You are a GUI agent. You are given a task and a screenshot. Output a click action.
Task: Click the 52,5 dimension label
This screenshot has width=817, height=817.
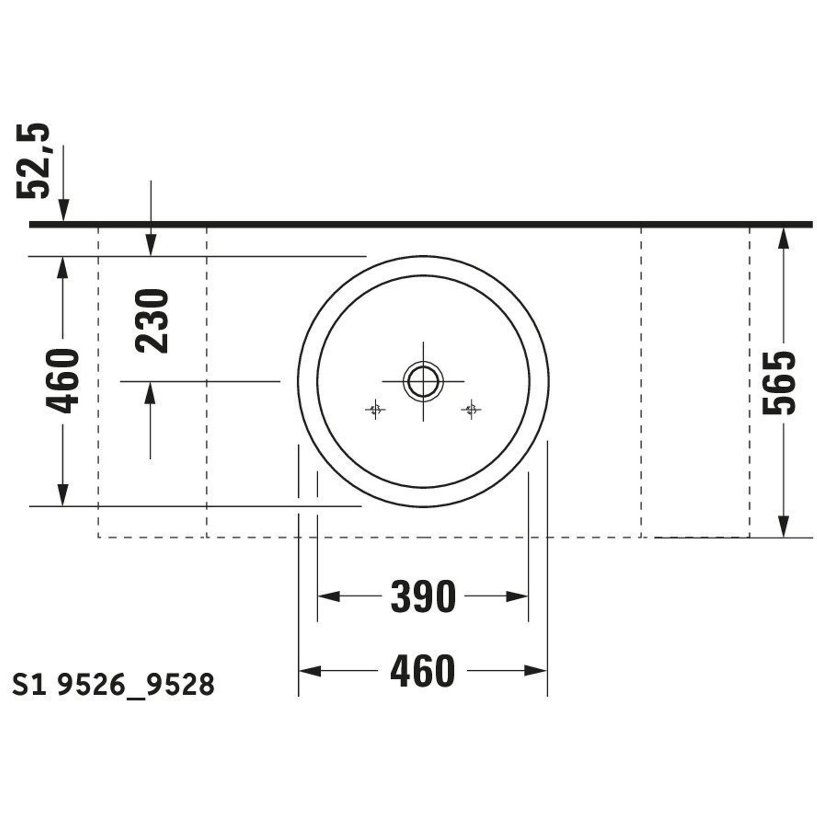33,161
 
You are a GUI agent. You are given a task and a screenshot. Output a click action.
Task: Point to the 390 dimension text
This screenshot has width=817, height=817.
423,597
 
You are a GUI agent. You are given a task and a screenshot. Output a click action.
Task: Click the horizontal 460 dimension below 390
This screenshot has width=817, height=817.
422,671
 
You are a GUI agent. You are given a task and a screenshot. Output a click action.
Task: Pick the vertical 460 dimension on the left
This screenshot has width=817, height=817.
63,381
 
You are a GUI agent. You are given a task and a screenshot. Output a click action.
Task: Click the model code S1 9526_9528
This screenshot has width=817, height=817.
113,685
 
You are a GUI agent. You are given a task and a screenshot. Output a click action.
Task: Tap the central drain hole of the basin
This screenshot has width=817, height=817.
423,381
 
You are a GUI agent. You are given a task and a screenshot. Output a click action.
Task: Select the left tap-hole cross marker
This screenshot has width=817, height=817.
375,409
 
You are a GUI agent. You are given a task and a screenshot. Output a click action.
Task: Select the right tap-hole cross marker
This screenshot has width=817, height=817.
471,409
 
